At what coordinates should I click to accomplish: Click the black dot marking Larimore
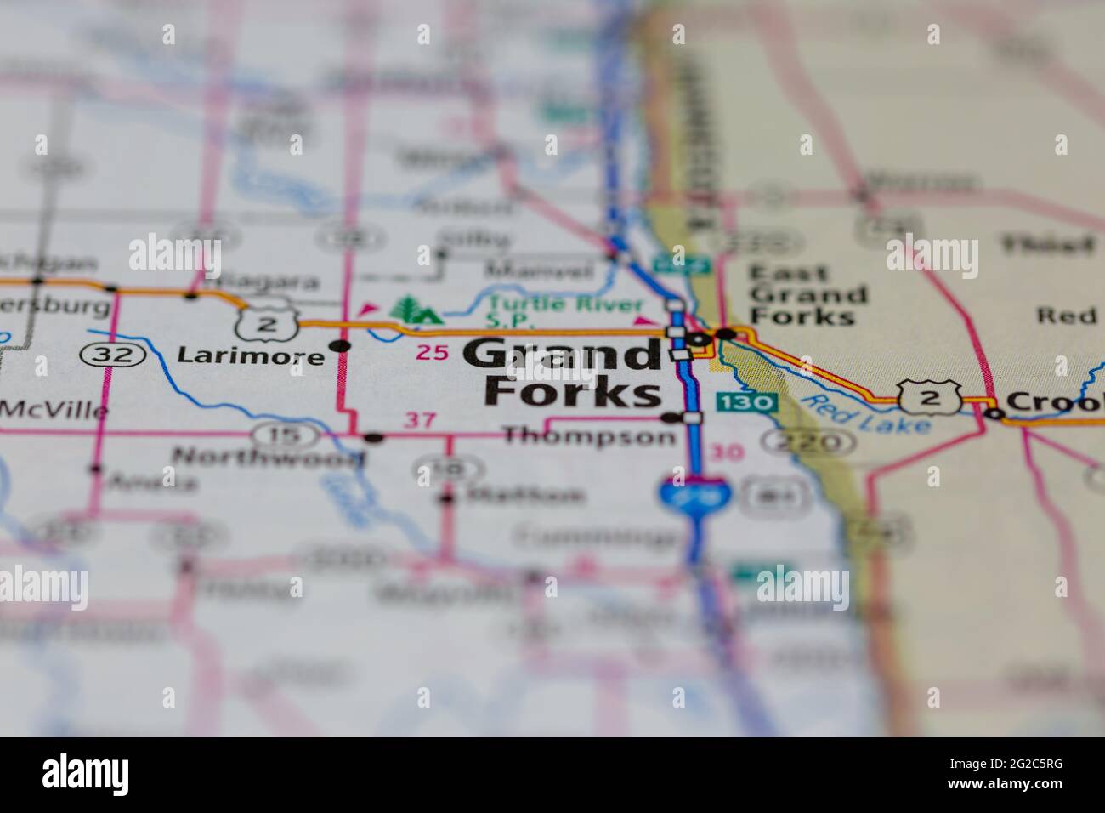[341, 346]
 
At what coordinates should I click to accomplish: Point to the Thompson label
[588, 436]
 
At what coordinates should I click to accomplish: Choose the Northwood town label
[269, 457]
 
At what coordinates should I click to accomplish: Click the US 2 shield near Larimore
[269, 322]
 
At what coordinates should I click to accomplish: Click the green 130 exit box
[746, 401]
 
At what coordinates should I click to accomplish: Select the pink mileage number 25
[433, 352]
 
